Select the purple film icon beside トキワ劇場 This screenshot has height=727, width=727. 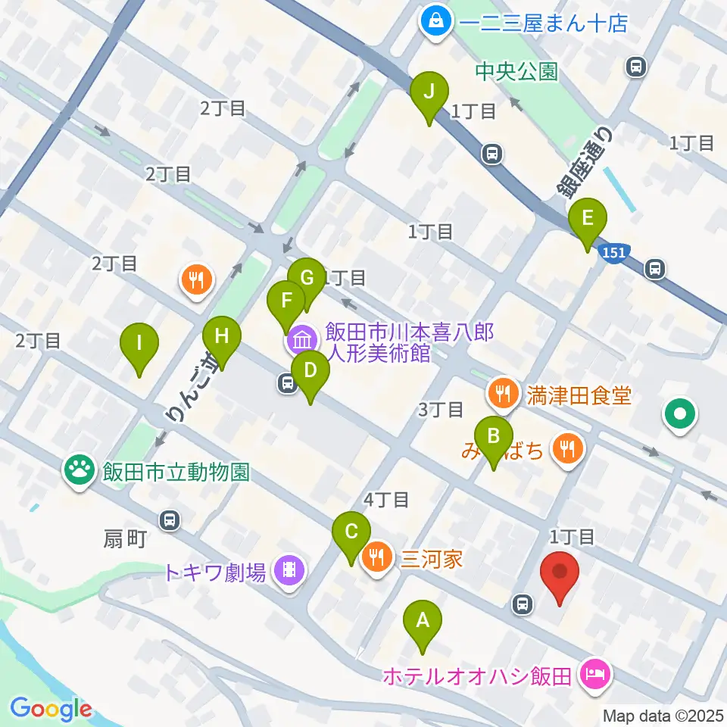(288, 569)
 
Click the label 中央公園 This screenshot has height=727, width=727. (516, 72)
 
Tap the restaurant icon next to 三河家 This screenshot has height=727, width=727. (377, 559)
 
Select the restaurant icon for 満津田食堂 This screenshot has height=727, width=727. (502, 393)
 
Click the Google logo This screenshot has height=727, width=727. (51, 708)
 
